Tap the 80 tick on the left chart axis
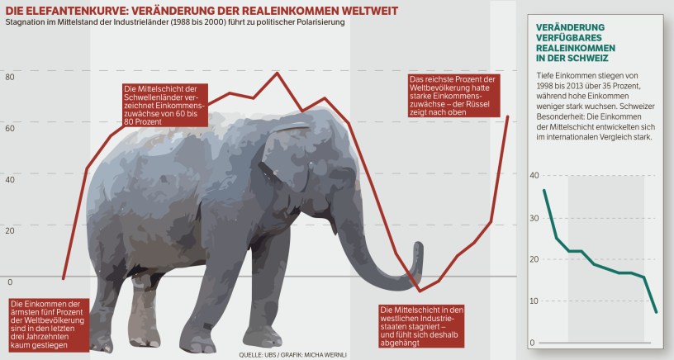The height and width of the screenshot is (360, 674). coord(10,77)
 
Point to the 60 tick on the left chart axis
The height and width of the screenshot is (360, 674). coord(10,128)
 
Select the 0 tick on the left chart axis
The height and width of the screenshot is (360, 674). coord(10,281)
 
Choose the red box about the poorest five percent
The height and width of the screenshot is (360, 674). coord(45,324)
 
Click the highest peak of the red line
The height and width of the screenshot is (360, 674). coord(277,73)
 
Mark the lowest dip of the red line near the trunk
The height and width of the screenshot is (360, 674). coord(420,291)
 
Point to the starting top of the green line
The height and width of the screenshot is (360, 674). coord(543,191)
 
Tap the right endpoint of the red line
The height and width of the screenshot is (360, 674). coord(508,116)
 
